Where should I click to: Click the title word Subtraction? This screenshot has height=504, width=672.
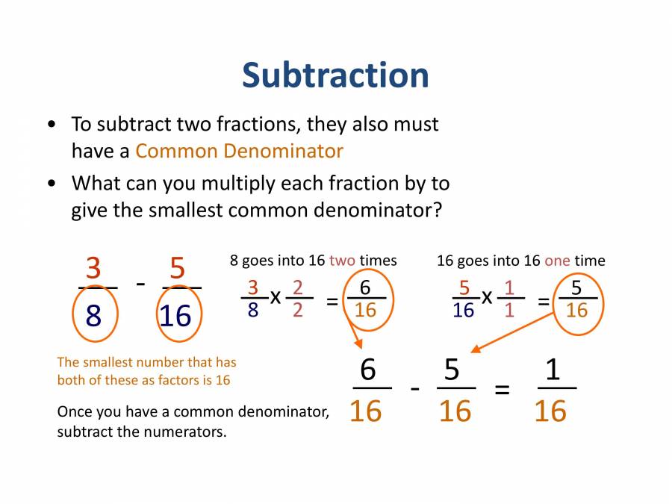click(x=335, y=75)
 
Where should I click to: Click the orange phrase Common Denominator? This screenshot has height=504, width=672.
click(x=239, y=151)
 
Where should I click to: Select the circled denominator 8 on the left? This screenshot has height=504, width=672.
click(x=93, y=316)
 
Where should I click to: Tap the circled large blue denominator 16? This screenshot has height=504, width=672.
click(x=176, y=316)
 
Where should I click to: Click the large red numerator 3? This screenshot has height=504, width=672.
click(x=93, y=268)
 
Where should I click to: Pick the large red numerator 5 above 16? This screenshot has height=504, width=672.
click(x=178, y=268)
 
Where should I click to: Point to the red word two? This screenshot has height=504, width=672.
click(x=342, y=261)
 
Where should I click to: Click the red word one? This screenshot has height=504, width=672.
click(x=557, y=261)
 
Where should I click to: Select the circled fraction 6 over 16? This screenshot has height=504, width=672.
click(x=365, y=298)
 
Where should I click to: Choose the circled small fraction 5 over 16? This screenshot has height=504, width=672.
click(x=576, y=298)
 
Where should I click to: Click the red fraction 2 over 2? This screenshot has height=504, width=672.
click(x=298, y=298)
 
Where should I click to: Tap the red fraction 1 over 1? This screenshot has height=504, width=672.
click(x=509, y=298)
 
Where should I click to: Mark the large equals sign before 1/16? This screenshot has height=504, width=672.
click(x=503, y=390)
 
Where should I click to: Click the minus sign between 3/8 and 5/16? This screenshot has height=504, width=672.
click(x=140, y=284)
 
